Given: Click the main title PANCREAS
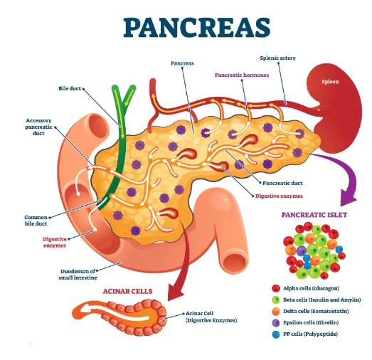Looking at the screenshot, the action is click(197, 27).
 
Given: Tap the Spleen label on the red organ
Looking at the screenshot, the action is click(330, 82).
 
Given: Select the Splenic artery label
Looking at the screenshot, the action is click(277, 58).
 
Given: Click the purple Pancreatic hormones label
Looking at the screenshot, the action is click(242, 75).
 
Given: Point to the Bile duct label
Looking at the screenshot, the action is click(70, 88).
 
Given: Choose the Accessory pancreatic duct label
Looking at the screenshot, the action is click(38, 127).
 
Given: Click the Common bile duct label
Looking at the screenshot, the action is click(36, 221).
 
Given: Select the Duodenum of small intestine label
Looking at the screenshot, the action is click(78, 275).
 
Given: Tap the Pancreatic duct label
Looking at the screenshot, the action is click(282, 184).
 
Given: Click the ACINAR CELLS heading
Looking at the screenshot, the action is click(127, 291).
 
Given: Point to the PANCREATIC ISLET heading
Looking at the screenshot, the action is click(314, 215).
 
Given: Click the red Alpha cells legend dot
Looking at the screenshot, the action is click(276, 288).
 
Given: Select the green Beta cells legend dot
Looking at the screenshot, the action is click(276, 300).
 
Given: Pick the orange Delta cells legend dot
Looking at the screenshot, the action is click(276, 311).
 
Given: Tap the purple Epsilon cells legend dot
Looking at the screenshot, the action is click(276, 322).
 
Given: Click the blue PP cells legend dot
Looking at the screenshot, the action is click(276, 334).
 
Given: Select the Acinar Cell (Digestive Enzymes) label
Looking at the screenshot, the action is click(211, 317).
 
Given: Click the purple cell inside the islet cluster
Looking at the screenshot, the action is click(302, 251).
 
